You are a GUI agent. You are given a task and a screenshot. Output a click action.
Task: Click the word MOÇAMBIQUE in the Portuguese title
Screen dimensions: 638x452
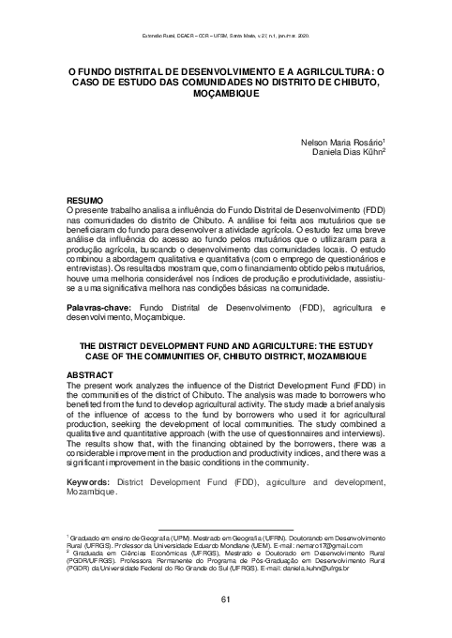click(226, 94)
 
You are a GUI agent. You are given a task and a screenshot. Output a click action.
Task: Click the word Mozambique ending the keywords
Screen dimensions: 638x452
click(91, 493)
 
